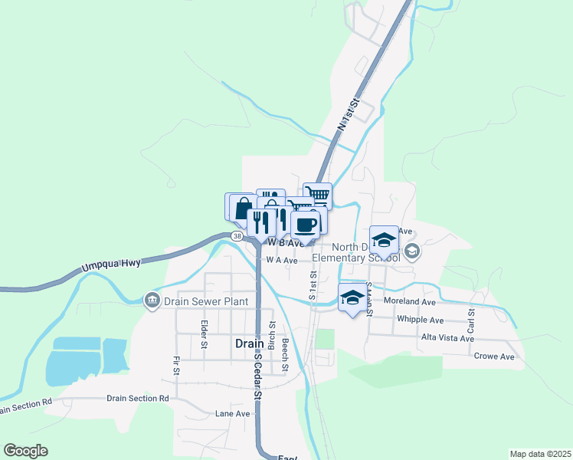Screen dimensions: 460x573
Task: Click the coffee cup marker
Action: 305,225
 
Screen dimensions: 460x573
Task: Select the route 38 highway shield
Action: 237,236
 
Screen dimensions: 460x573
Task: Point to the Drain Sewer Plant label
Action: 206,301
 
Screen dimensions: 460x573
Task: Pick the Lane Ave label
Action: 233,413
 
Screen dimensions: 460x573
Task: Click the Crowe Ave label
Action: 494,356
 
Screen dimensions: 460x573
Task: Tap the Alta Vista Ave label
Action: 447,338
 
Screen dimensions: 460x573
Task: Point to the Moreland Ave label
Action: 410,302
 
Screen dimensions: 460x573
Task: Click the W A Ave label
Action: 281,261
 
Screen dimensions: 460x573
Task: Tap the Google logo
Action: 26,451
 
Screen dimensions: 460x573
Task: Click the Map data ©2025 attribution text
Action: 540,454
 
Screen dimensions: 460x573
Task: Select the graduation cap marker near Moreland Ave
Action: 352,297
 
